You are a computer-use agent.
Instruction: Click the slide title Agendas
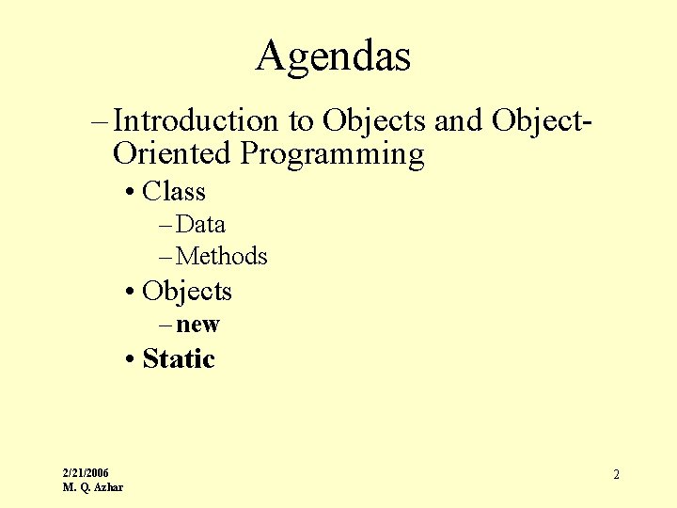coord(333,56)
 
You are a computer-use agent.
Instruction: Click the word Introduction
coord(196,120)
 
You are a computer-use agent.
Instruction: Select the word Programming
coord(333,153)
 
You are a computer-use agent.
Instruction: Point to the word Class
coord(174,192)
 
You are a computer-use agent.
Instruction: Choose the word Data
coord(200,225)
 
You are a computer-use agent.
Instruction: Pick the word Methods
coord(222,256)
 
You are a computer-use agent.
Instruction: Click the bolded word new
coord(197,325)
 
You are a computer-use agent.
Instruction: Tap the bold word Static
coord(179,358)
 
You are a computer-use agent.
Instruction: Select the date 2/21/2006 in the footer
coord(86,472)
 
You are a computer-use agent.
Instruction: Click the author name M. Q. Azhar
coord(92,486)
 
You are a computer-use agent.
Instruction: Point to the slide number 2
coord(616,475)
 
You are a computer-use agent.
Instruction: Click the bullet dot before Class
coord(129,193)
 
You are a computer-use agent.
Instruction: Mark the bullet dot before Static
coord(129,359)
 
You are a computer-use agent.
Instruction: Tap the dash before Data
coord(165,225)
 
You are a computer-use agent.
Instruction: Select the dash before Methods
coord(165,256)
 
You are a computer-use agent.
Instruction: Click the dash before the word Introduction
coord(101,120)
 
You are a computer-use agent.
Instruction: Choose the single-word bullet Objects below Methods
coord(187,292)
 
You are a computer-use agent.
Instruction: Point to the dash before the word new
coord(165,325)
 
